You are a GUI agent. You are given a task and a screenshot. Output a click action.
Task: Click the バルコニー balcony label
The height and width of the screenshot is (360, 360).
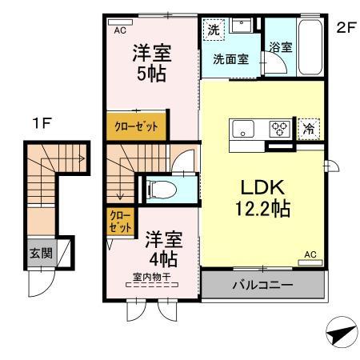click(262, 285)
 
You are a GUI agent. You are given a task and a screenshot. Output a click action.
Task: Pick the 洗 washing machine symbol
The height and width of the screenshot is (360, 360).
click(213, 30)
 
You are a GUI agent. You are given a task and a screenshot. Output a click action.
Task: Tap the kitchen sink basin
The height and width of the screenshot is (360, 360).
click(243, 128)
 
